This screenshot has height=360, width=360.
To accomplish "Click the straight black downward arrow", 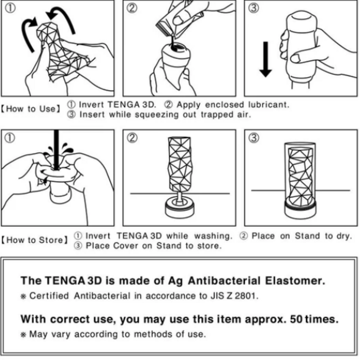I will point(265,58).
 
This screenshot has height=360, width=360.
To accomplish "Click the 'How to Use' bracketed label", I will point(31,109).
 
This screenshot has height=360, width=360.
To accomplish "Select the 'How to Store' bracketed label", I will point(34,240).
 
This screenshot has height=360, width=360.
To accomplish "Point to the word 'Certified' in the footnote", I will point(46,296).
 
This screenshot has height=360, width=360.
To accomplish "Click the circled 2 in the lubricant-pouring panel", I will point(132,9).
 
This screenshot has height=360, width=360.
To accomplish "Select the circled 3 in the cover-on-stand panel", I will point(254,138).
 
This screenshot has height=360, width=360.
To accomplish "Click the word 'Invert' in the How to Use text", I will point(91,105).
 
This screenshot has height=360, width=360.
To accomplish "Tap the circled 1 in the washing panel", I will point(10,138).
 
